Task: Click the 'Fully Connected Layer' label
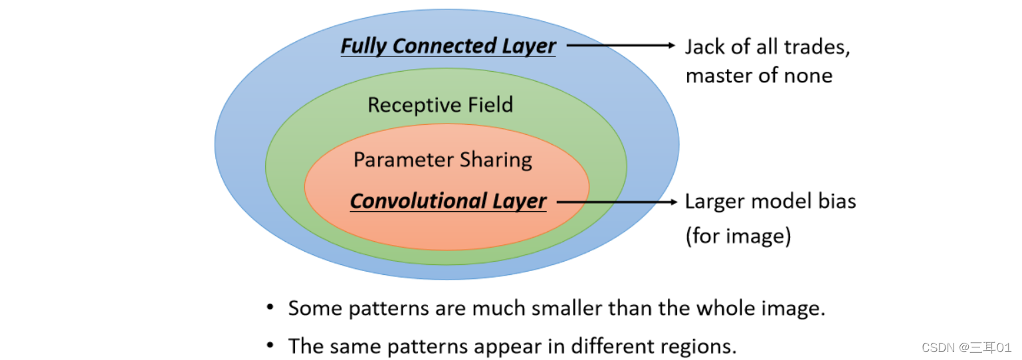click(x=448, y=46)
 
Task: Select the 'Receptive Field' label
click(x=440, y=105)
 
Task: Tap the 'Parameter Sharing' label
click(x=443, y=160)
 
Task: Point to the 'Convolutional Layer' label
click(x=448, y=201)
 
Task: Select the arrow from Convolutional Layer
click(x=615, y=201)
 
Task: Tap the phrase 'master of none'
click(x=759, y=76)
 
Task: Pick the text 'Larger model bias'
click(x=770, y=201)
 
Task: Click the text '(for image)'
click(x=738, y=236)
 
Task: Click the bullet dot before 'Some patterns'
click(x=270, y=308)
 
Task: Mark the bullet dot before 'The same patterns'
click(x=270, y=345)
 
